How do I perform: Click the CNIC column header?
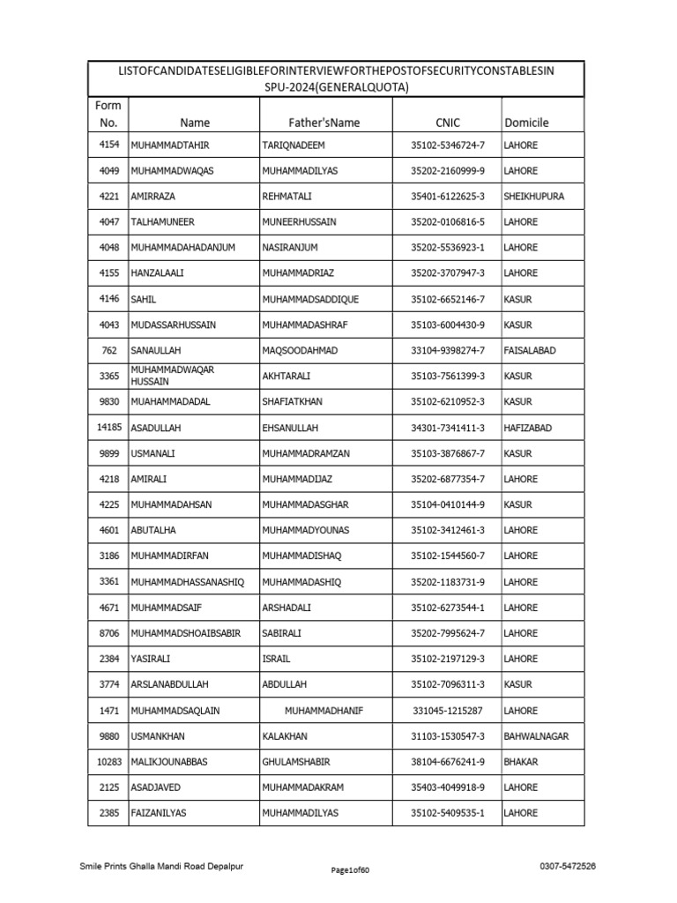pos(447,123)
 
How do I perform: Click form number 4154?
pos(108,145)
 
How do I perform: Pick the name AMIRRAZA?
pos(154,196)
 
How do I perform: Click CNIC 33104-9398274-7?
pos(448,350)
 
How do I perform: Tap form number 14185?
pos(108,427)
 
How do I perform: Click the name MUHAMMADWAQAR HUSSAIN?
pos(172,376)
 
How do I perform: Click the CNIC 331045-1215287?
pos(447,710)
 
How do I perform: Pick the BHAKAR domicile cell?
pos(521,761)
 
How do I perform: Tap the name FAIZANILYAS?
pos(160,813)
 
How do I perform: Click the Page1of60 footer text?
pos(350,870)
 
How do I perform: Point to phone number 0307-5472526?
pos(567,867)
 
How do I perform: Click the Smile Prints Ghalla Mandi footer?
pos(161,867)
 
